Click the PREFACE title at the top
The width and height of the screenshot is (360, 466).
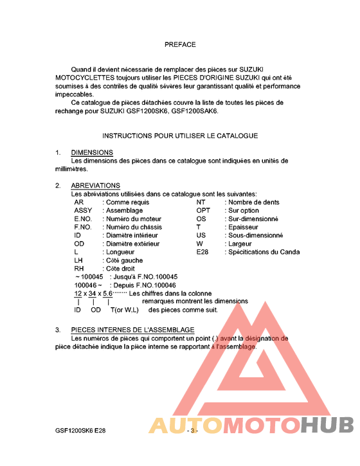(x=180, y=45)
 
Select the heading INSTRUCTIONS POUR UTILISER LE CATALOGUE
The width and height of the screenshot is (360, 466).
(x=180, y=136)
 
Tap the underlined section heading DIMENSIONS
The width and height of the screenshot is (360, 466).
(x=92, y=153)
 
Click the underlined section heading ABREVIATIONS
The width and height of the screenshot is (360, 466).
(x=96, y=186)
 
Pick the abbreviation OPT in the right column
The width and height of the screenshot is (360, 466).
(x=203, y=210)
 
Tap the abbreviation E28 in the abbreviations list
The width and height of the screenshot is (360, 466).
(x=203, y=252)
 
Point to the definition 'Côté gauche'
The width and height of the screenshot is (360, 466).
(x=124, y=260)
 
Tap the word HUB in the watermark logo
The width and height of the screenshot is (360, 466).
(x=328, y=426)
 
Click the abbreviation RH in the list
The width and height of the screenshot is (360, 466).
(x=79, y=269)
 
